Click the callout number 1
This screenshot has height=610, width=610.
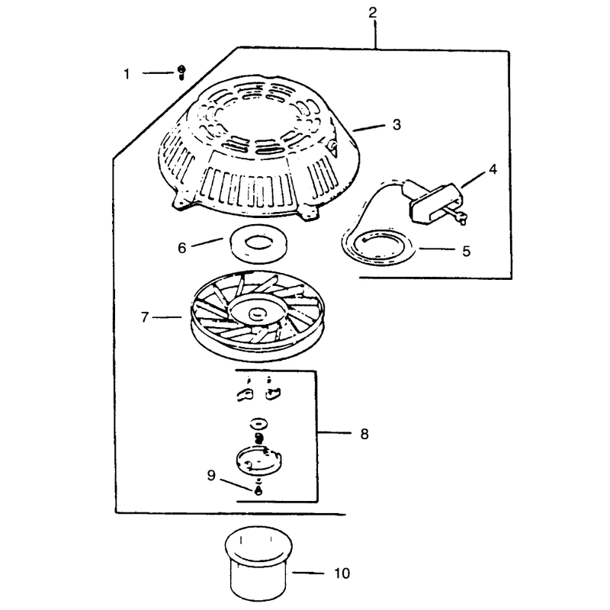pos(127,74)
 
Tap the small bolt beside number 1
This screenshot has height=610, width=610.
pos(181,72)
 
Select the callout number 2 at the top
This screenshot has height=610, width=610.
pos(373,13)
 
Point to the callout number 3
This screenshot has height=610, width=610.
pos(396,125)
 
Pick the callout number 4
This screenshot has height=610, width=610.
pos(493,169)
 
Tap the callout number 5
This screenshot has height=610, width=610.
pos(467,251)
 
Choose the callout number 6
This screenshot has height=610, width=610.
pos(182,248)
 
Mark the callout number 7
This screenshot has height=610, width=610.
pos(145,317)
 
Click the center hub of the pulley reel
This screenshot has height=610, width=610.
pos(258,312)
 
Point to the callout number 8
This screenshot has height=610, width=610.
pos(364,434)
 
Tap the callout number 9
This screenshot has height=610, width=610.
pos(211,475)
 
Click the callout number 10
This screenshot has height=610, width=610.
pos(342,573)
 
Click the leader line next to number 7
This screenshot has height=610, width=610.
pos(167,317)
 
